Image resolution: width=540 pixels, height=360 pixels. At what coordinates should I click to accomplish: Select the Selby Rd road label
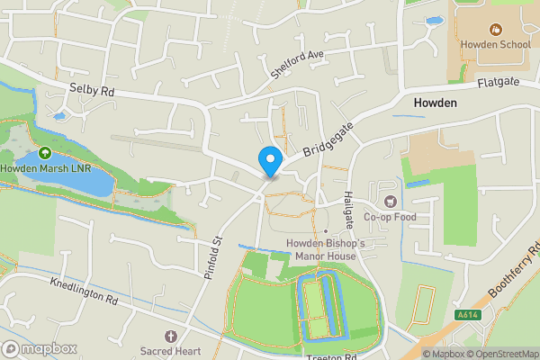[x=92, y=90]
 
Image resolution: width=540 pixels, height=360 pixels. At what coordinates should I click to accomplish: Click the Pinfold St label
[x=212, y=256]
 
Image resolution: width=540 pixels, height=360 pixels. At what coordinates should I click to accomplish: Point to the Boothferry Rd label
[x=516, y=269]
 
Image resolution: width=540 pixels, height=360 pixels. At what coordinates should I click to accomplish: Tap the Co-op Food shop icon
[x=390, y=202]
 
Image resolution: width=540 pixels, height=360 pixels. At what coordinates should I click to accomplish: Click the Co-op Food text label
[x=390, y=217]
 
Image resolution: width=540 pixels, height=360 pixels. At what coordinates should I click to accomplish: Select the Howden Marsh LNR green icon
[x=45, y=153]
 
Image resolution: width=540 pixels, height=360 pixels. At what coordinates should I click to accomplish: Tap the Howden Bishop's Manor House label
[x=325, y=249]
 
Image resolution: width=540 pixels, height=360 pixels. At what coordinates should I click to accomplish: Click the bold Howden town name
[x=436, y=103]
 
